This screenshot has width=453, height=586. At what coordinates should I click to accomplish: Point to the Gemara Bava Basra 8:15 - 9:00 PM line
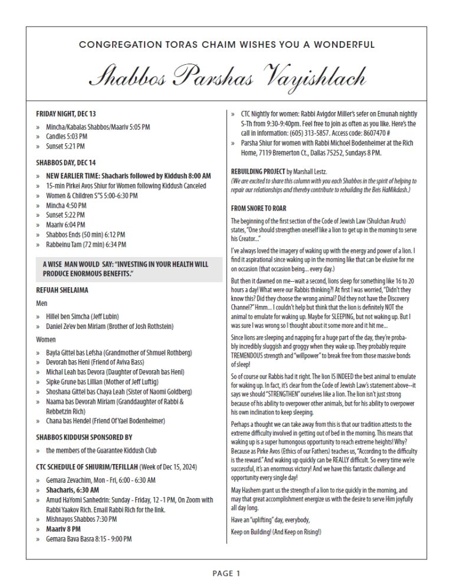(89, 539)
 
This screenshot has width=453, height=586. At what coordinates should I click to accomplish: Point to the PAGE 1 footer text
(226, 572)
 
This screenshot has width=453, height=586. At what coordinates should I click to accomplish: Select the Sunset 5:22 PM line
(65, 215)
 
